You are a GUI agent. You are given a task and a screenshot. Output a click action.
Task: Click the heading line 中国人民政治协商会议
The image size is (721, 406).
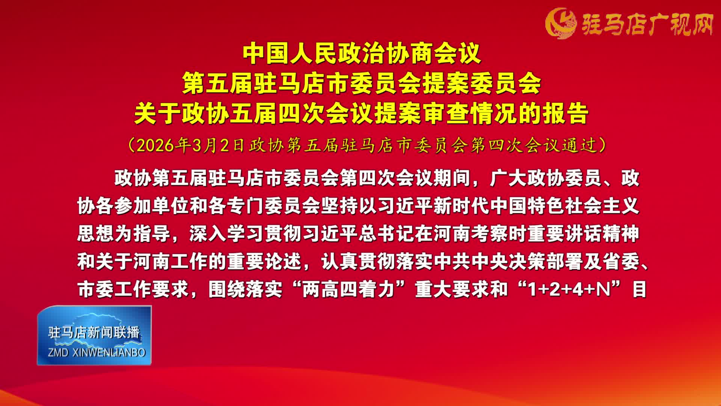pyautogui.click(x=362, y=54)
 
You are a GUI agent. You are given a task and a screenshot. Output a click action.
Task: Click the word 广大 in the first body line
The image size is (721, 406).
pyautogui.click(x=508, y=178)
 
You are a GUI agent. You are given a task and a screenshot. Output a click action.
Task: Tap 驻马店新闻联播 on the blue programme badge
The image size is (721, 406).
pyautogui.click(x=94, y=332)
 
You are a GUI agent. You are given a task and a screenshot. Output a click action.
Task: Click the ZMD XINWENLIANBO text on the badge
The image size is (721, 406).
pyautogui.click(x=97, y=353)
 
